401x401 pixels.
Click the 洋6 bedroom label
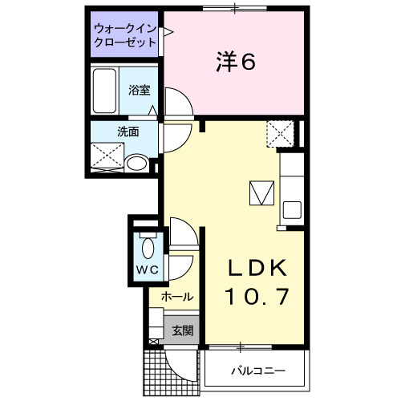pos(234,62)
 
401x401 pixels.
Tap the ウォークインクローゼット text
pos(124,35)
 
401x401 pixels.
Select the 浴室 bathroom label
pos(140,90)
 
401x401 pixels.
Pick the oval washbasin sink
pos(137,164)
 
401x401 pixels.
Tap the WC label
pos(145,269)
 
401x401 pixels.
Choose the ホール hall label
pos(176,297)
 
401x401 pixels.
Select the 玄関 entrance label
pos(182,330)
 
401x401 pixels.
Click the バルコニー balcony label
pos(258,371)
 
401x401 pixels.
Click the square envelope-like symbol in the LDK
pos(261,193)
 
